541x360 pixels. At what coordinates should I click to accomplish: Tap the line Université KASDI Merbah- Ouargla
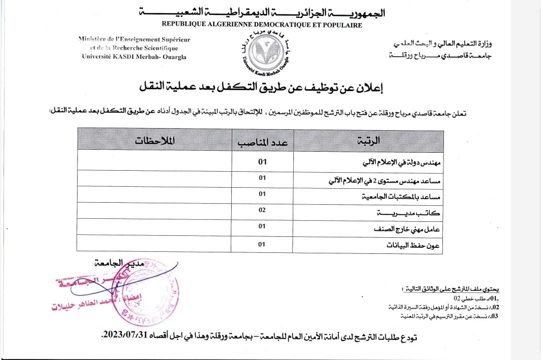(134, 57)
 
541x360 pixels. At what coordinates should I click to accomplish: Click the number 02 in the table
(262, 211)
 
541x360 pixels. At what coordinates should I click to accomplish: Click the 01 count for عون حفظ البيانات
(261, 244)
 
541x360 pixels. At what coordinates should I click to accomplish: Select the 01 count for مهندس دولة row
(262, 161)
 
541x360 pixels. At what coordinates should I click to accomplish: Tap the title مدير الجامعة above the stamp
(119, 262)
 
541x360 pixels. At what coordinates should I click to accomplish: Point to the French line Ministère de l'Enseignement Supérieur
(134, 40)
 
